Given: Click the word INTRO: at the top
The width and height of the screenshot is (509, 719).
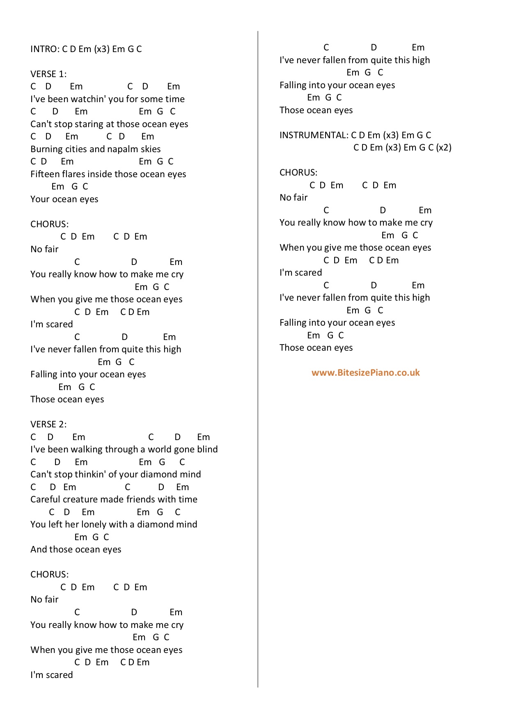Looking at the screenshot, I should (45, 49).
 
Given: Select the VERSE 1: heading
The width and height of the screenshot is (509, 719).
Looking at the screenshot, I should (48, 74).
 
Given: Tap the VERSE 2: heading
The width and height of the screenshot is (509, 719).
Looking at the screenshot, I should (48, 425).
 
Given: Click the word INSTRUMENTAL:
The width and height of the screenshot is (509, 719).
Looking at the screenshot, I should (314, 135).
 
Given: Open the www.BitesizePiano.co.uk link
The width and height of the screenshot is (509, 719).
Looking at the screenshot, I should (365, 373).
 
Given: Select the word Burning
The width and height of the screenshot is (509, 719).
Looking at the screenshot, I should (46, 149).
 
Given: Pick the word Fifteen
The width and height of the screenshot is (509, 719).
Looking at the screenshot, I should (45, 174).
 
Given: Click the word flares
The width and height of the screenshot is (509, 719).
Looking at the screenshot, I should (74, 174).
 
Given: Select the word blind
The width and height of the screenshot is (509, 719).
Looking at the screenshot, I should (207, 450).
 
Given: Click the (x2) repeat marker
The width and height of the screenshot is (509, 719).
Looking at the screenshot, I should (444, 148).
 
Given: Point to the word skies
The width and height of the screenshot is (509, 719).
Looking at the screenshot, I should (150, 149).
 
